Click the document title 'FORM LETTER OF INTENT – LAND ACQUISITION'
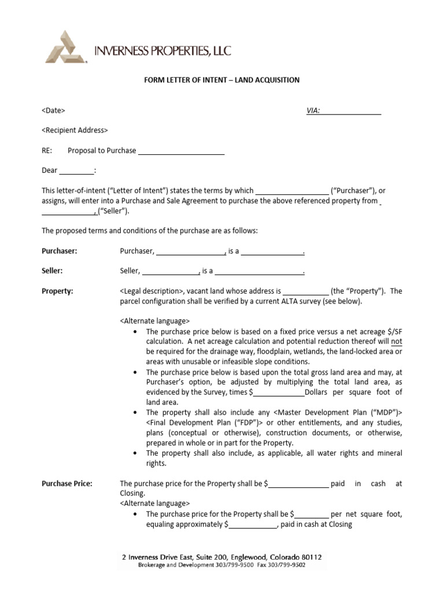click(x=221, y=80)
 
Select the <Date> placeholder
click(x=53, y=110)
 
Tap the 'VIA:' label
click(x=313, y=110)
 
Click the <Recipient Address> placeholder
click(x=75, y=130)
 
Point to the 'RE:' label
click(x=47, y=150)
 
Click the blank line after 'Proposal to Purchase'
click(x=181, y=151)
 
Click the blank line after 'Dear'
click(x=76, y=171)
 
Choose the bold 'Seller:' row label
click(x=52, y=271)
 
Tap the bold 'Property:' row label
click(x=57, y=291)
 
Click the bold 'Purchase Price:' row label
click(x=66, y=483)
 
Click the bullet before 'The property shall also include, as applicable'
click(x=135, y=453)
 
